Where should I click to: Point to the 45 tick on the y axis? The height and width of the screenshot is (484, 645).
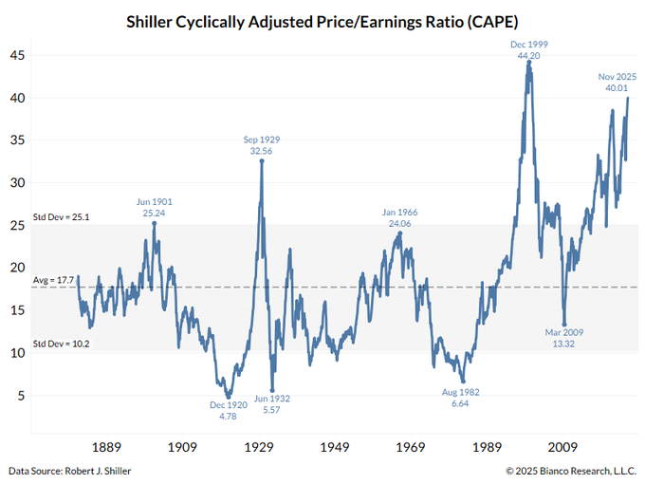click(18, 55)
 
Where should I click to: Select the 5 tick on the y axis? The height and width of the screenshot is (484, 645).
click(21, 396)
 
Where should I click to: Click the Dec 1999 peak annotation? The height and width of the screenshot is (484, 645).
click(528, 50)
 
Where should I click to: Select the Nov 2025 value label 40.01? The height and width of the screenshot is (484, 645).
click(616, 88)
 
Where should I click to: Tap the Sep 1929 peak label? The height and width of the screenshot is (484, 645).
click(261, 145)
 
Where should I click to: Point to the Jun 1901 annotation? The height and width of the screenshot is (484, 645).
click(154, 207)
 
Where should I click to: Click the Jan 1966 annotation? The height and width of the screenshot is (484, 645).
click(400, 218)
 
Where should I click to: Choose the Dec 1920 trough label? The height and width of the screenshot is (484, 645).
click(228, 410)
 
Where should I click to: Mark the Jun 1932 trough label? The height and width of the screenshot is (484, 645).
click(272, 404)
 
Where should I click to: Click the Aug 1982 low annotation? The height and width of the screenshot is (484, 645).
click(461, 398)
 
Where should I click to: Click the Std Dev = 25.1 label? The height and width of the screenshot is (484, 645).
click(62, 217)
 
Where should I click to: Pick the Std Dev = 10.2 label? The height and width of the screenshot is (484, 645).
click(62, 343)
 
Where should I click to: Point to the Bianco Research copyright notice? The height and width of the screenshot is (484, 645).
click(569, 471)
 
